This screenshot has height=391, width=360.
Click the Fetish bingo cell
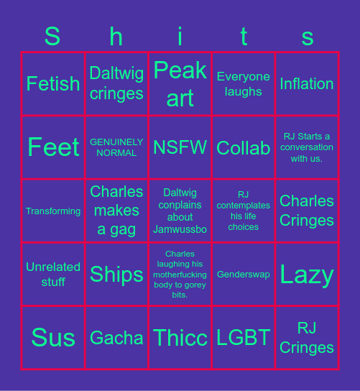[53, 83]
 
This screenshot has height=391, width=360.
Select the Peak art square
[180, 83]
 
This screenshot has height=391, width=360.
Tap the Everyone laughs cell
[243, 83]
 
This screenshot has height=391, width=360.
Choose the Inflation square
[307, 83]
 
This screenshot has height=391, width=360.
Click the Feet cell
[53, 147]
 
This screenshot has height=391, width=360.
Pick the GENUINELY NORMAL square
[116, 147]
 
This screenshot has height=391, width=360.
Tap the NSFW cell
[180, 147]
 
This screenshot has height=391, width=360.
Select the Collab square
[243, 147]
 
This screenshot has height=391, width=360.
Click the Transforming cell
[53, 211]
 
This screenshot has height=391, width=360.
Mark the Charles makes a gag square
[116, 211]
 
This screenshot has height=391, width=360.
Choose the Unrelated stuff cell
[53, 274]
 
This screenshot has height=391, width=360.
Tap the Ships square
[116, 274]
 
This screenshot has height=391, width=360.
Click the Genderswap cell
[243, 274]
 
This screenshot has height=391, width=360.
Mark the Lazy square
[307, 274]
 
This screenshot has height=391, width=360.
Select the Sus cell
[53, 337]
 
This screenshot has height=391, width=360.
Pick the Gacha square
[116, 337]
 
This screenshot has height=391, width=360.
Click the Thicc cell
[180, 337]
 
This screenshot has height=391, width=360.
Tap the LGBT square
[243, 337]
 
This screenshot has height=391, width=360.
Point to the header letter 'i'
[180, 36]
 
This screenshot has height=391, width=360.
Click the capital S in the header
[52, 36]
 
